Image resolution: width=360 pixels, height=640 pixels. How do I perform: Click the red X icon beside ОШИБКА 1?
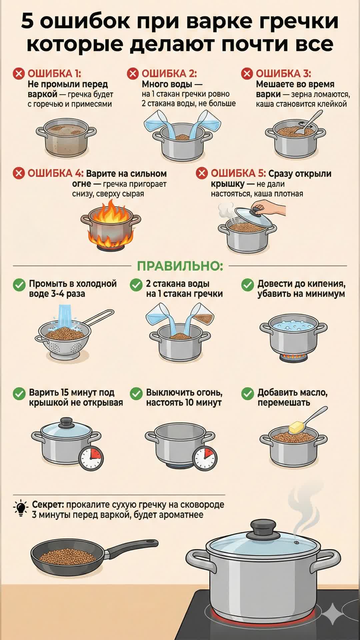pyautogui.click(x=19, y=74)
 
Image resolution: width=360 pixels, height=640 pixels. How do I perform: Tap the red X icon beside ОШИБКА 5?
pyautogui.click(x=202, y=173)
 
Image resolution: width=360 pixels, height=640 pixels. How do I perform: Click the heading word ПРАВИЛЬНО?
pyautogui.click(x=180, y=266)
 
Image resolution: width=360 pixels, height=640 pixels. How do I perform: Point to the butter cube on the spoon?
pyautogui.click(x=296, y=427)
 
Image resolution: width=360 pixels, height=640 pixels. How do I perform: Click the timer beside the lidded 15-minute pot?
pyautogui.click(x=91, y=458)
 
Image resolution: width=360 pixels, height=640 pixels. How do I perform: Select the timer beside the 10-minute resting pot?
pyautogui.click(x=205, y=458)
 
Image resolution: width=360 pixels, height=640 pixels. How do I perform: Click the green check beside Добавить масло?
pyautogui.click(x=248, y=394)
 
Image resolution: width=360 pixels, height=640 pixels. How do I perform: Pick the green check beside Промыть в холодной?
pyautogui.click(x=19, y=285)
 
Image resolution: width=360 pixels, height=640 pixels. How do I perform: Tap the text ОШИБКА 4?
pyautogui.click(x=55, y=173)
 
